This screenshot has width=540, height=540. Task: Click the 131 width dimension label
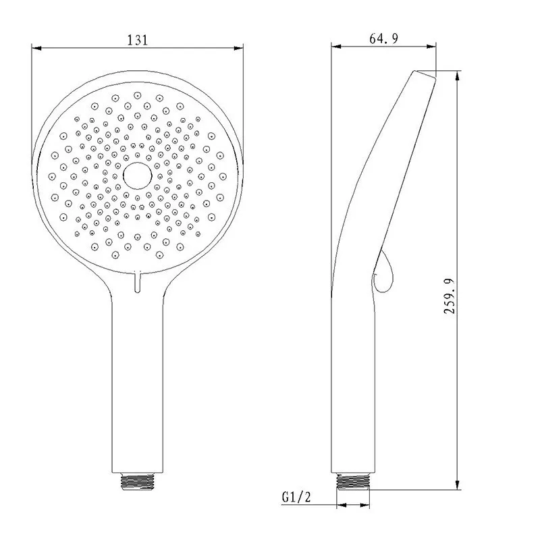(137, 40)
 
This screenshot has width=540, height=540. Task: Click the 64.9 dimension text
(383, 39)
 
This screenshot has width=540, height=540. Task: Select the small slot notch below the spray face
(138, 281)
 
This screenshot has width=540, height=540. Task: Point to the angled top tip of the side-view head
(425, 74)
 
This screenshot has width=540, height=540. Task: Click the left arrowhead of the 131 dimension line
(38, 49)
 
